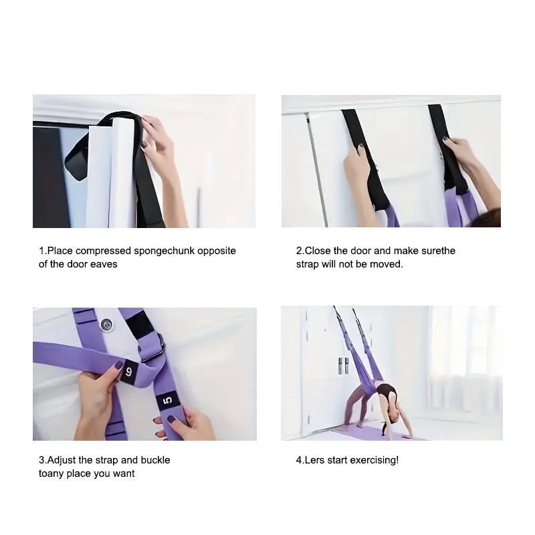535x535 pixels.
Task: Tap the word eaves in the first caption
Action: point(104,264)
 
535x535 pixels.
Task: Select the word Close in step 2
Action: point(318,251)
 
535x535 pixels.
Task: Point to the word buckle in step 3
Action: point(155,460)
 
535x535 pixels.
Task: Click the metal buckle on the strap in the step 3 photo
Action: point(153,346)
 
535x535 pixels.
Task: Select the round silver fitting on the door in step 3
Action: point(106,325)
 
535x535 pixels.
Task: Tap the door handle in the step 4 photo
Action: point(342,365)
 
